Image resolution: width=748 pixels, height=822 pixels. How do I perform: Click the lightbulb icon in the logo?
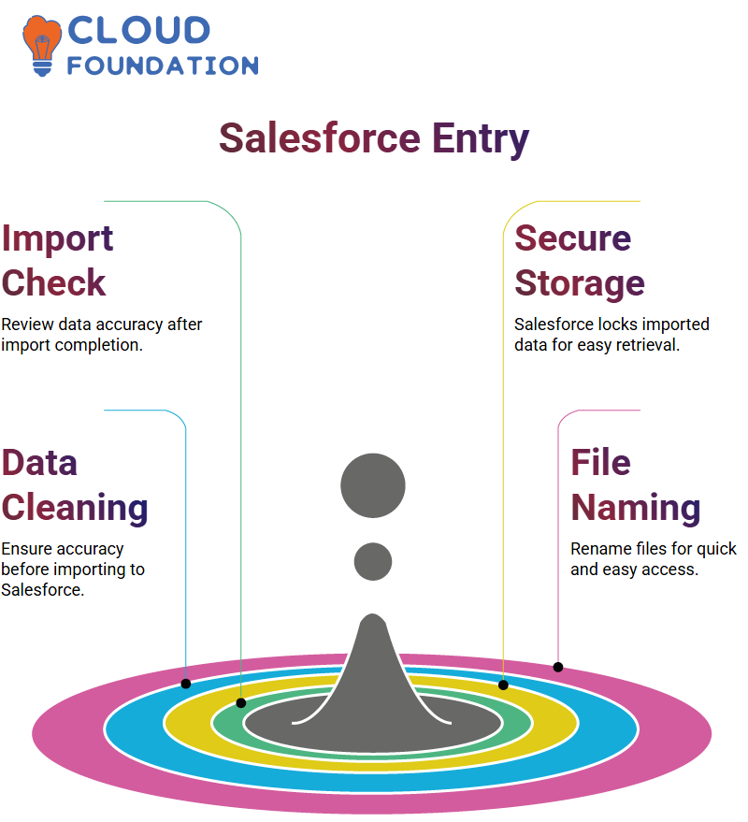coord(42,46)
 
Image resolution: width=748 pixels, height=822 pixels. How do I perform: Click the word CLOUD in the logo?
coord(139,31)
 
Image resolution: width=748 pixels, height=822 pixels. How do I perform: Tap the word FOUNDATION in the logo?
coord(163,65)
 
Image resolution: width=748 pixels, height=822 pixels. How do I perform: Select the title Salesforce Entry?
coord(374,139)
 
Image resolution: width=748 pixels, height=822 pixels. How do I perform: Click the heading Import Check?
coord(57,261)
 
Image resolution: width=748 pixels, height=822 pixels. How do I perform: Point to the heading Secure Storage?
coord(579,261)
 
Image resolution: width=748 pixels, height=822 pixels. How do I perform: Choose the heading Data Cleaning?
coord(75,485)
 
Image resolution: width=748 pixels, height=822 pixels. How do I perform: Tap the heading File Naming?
coord(635,485)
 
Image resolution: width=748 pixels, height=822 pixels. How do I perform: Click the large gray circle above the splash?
coord(373,485)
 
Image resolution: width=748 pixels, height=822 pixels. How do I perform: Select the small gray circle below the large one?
coord(373,561)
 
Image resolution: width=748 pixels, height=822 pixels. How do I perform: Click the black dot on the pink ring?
coord(558,667)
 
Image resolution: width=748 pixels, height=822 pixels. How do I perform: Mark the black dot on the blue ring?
coord(185,684)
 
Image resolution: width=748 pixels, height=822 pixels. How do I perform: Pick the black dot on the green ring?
coord(241,703)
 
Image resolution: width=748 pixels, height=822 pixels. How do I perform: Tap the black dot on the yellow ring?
coord(503,685)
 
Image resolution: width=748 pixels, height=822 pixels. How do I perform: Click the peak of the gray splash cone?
coord(373,615)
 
